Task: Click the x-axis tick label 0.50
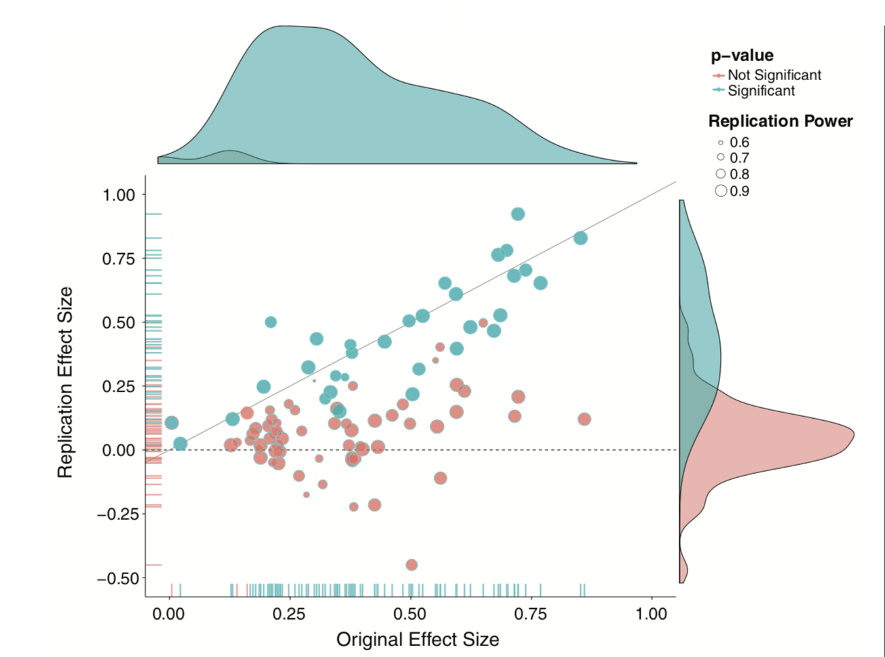click(410, 614)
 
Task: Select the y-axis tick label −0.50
click(116, 578)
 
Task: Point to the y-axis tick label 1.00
click(119, 195)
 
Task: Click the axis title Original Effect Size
click(417, 639)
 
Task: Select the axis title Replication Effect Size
click(65, 383)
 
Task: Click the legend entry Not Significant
click(774, 75)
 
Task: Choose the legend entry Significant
click(761, 91)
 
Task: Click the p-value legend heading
click(742, 56)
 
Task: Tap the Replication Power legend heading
click(780, 121)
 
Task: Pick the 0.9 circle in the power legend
click(721, 191)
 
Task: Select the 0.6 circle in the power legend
click(721, 143)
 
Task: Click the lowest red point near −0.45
click(411, 565)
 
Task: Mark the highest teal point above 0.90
click(518, 214)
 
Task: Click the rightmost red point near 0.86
click(584, 419)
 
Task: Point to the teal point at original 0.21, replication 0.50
click(271, 322)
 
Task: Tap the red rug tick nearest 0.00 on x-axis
click(172, 589)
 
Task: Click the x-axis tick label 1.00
click(652, 614)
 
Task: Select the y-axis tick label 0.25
click(119, 386)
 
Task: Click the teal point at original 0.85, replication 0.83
click(580, 238)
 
